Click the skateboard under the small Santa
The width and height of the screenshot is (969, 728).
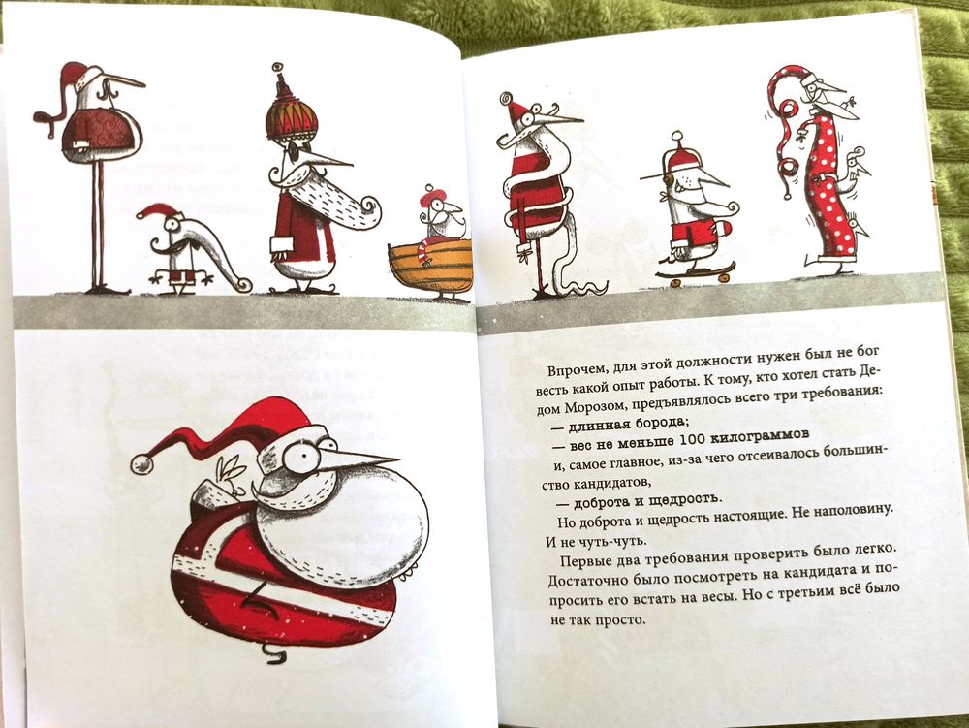pos(695,272)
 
